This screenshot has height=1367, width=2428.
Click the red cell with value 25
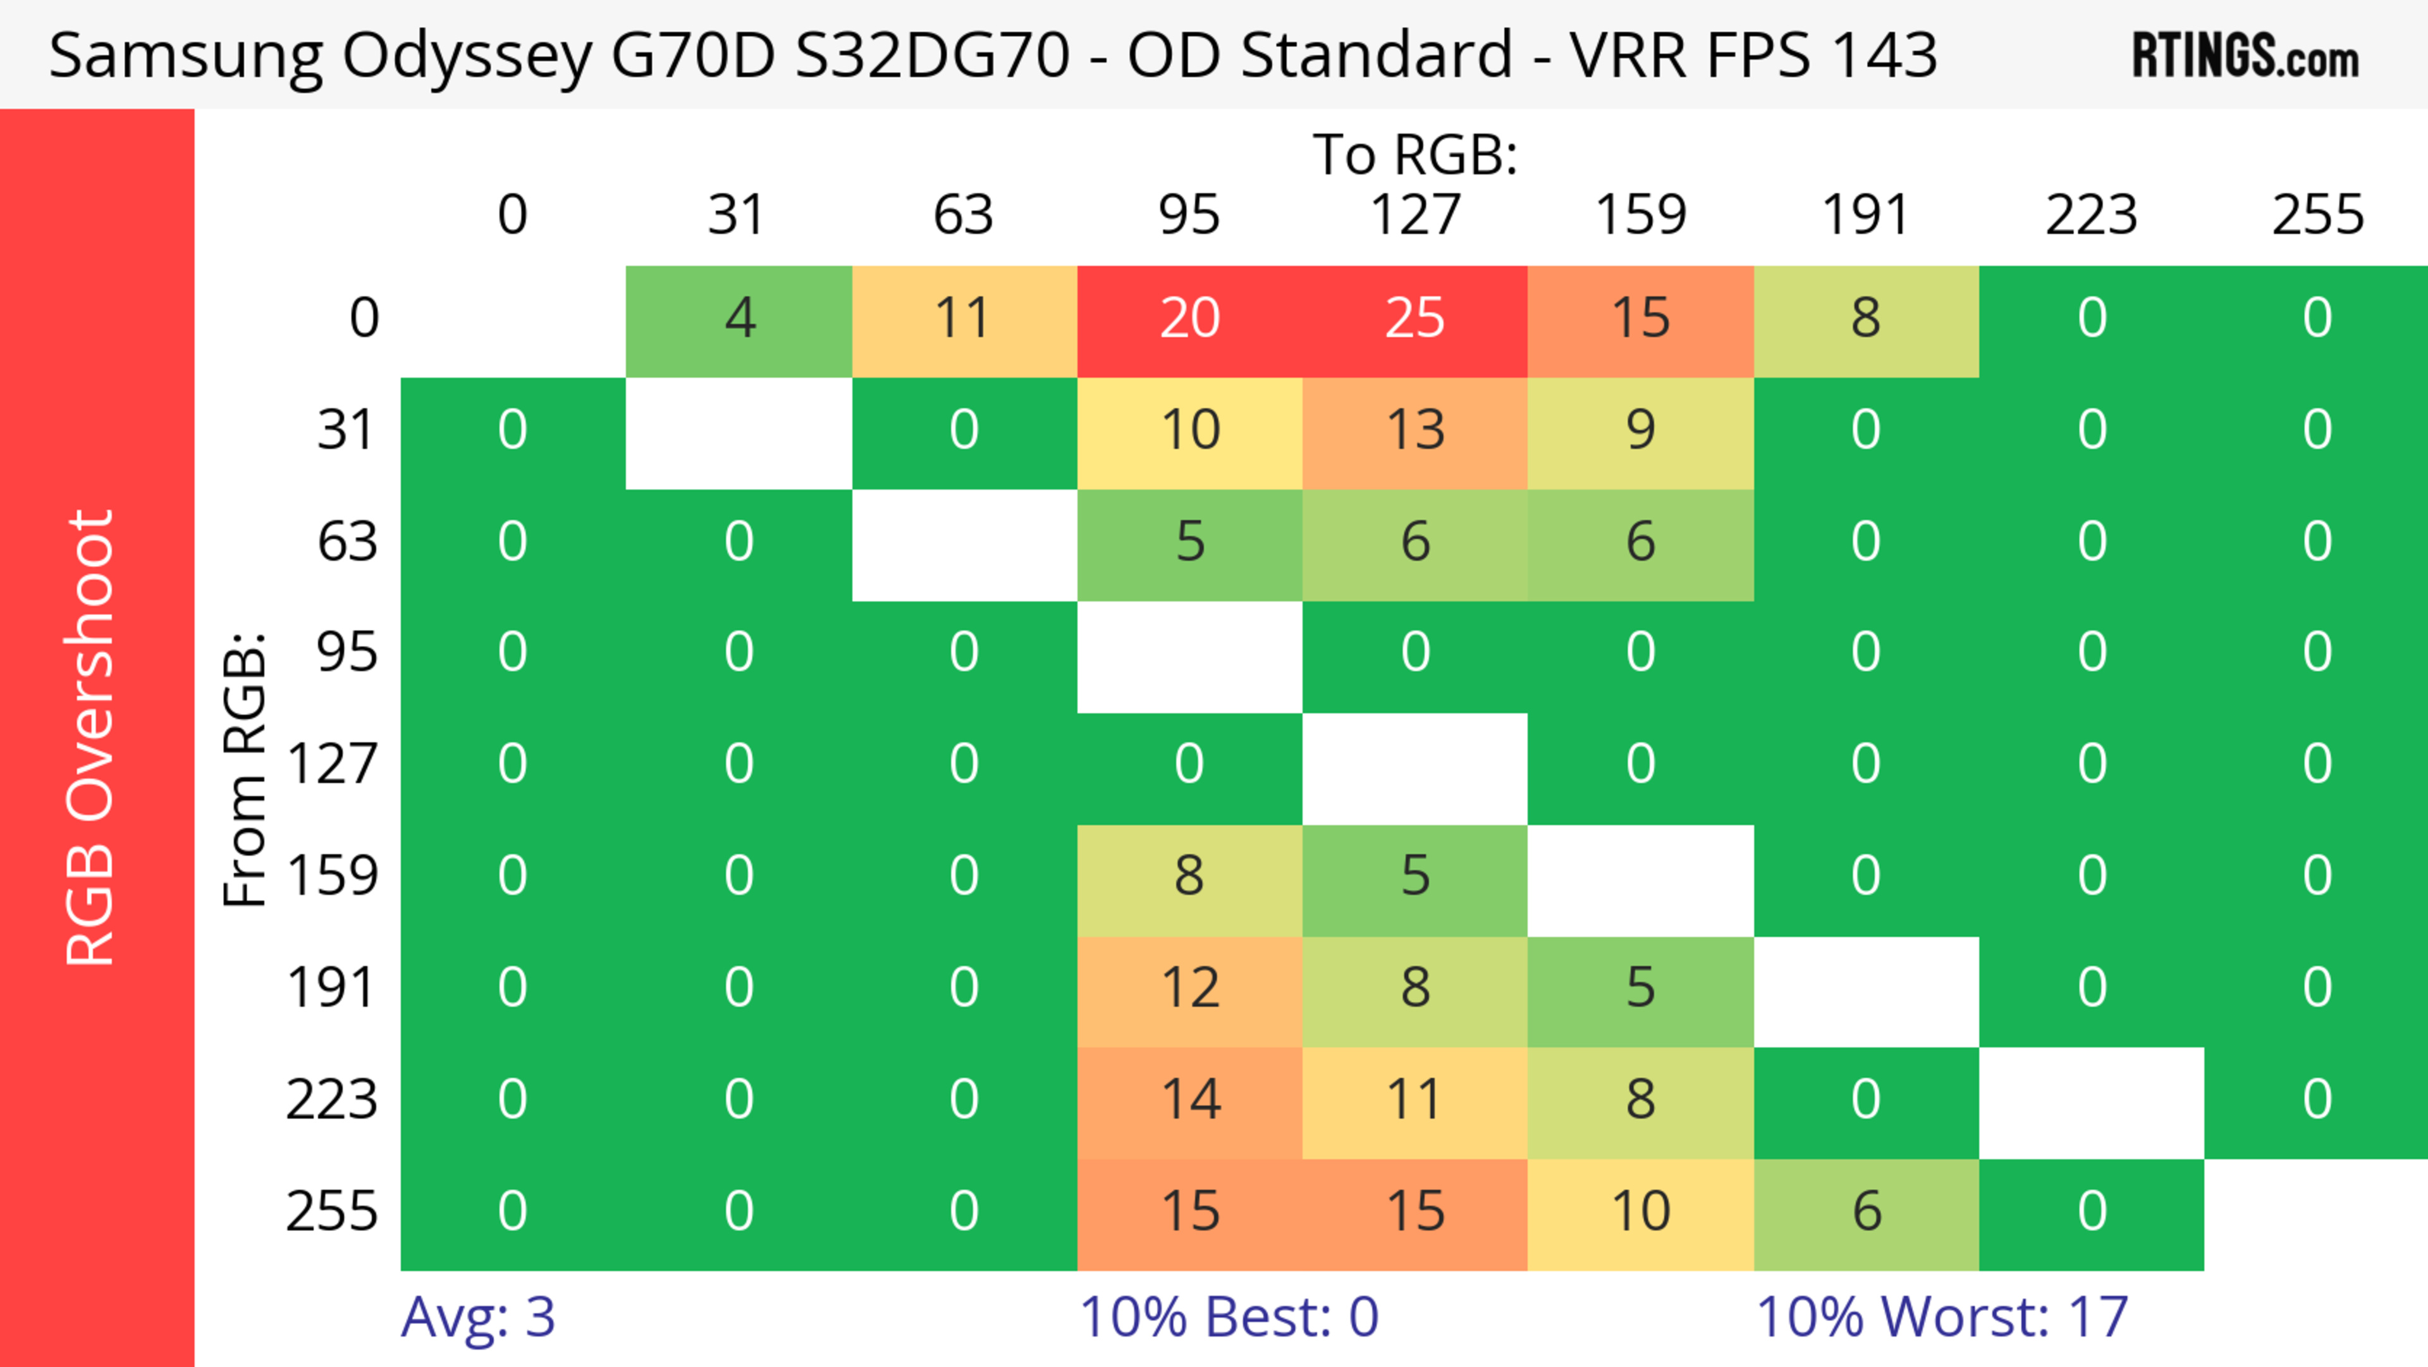(1415, 319)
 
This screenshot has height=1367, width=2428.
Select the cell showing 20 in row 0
(1189, 319)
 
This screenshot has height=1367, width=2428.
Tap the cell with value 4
(739, 319)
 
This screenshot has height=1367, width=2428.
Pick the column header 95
(1189, 215)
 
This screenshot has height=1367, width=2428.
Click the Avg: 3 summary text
(478, 1317)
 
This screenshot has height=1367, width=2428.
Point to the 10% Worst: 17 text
(1942, 1317)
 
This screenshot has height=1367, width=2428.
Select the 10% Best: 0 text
(1228, 1317)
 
